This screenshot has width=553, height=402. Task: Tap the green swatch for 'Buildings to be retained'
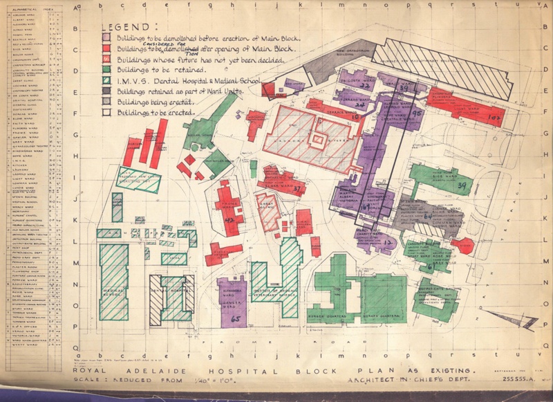point(107,69)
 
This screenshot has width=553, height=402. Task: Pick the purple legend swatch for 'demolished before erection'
point(107,37)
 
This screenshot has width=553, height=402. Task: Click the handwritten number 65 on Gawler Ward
point(236,319)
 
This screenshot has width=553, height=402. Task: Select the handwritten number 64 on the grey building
point(428,217)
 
